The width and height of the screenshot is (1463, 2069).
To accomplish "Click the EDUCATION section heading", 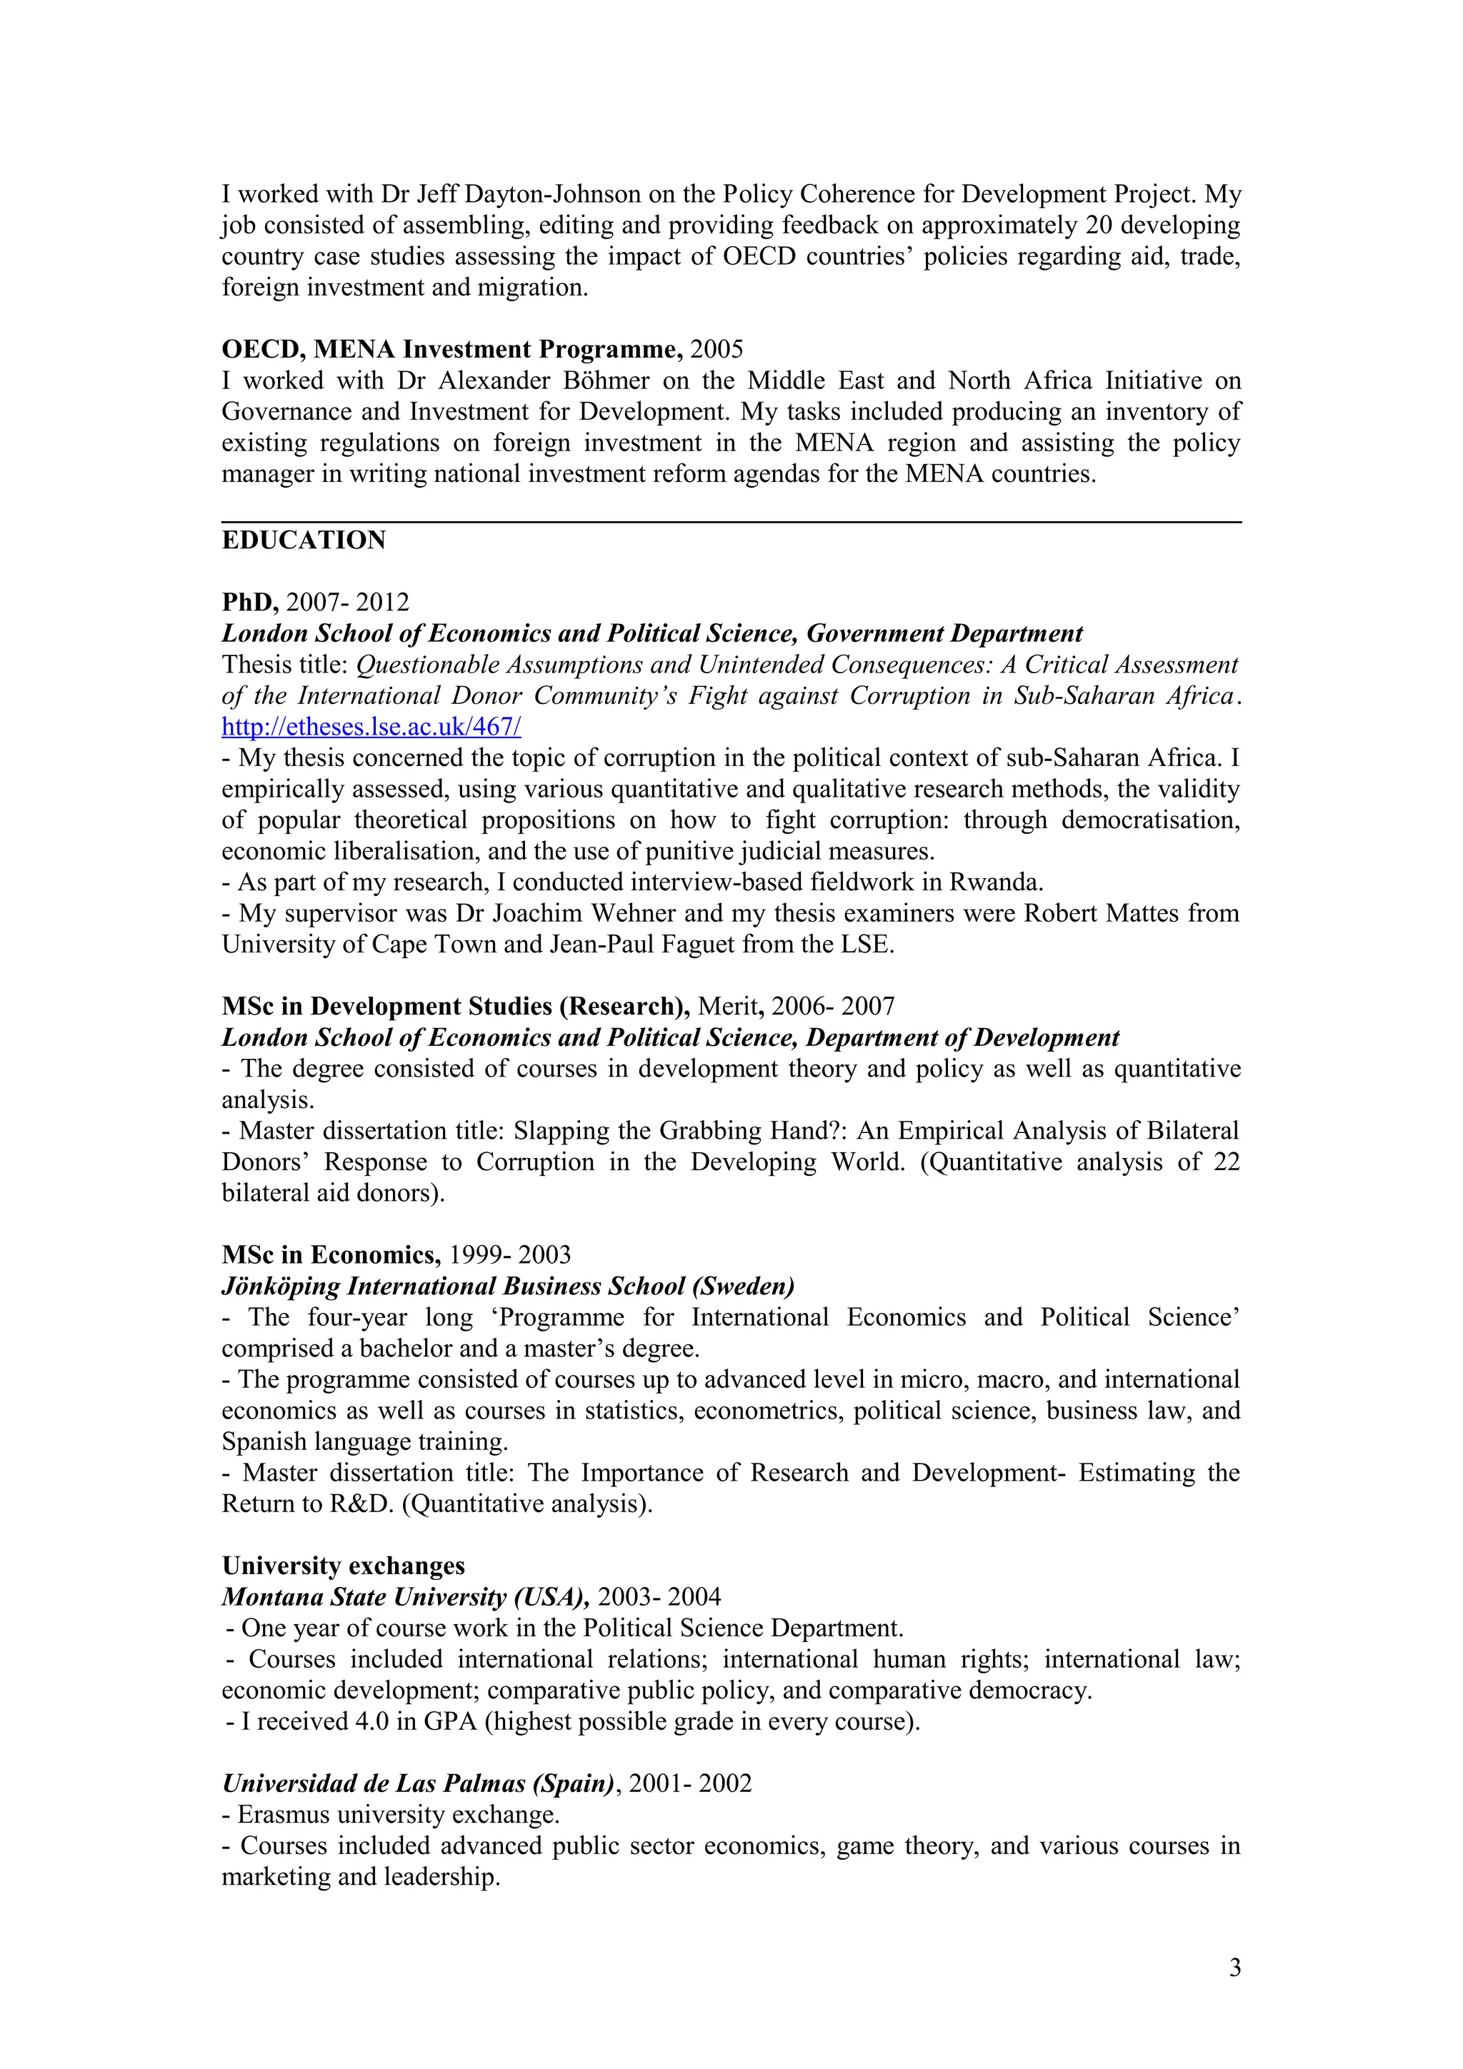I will [x=304, y=540].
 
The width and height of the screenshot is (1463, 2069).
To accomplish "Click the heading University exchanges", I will [x=344, y=1566].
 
